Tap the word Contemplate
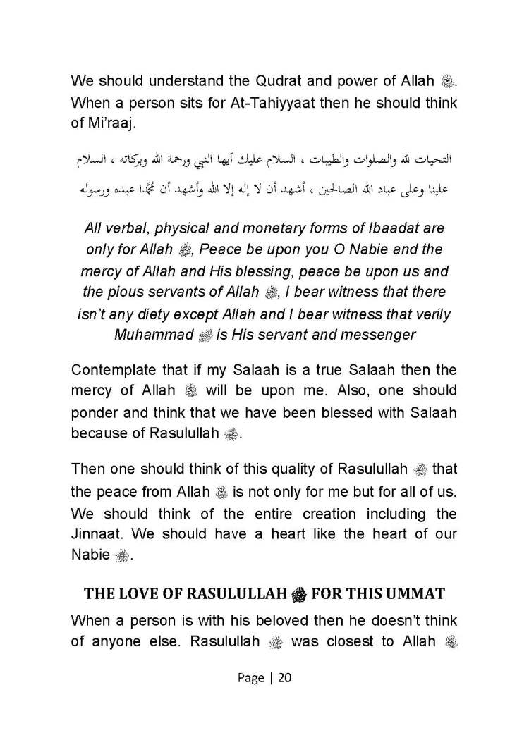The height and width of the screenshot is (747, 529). click(115, 369)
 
